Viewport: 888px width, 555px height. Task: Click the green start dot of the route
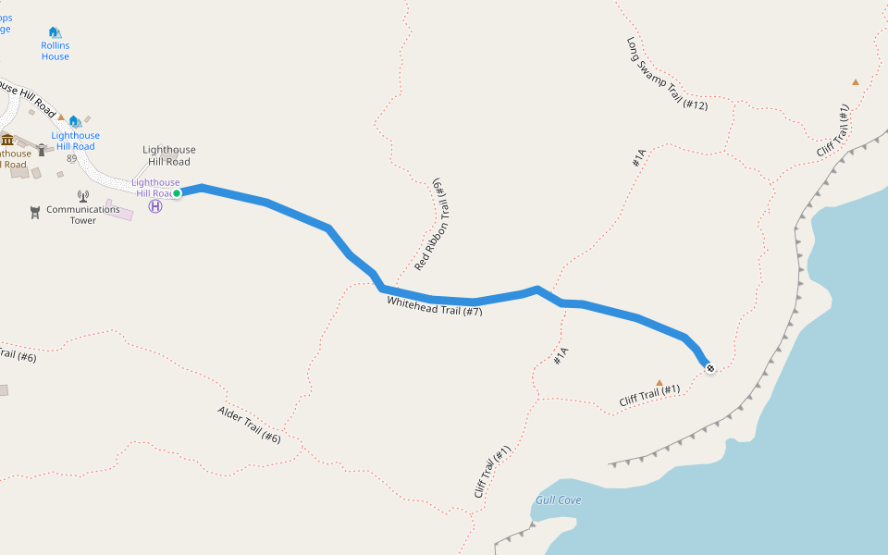[x=176, y=193]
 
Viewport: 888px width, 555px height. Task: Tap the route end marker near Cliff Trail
[x=709, y=369]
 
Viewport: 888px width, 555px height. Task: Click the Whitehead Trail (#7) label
[x=435, y=306]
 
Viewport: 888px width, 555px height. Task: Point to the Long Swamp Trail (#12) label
[x=667, y=74]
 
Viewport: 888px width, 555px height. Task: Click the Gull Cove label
[x=558, y=500]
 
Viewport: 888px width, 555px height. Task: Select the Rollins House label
[x=55, y=51]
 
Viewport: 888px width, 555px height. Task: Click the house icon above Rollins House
[x=55, y=32]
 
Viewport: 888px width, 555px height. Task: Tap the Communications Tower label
[x=83, y=215]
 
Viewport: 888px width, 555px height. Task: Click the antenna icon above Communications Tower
[x=82, y=196]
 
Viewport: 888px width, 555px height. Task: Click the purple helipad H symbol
[x=155, y=207]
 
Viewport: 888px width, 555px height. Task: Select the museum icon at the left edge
[x=7, y=140]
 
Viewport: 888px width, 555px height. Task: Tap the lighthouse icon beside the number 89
[x=42, y=150]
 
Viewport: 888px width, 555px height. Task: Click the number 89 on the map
[x=71, y=159]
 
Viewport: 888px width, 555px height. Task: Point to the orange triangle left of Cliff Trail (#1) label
[x=660, y=382]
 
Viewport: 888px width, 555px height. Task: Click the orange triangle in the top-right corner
[x=856, y=82]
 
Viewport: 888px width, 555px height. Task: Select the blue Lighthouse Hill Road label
[x=75, y=142]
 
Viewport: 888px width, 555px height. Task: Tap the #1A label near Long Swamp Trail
[x=637, y=159]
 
